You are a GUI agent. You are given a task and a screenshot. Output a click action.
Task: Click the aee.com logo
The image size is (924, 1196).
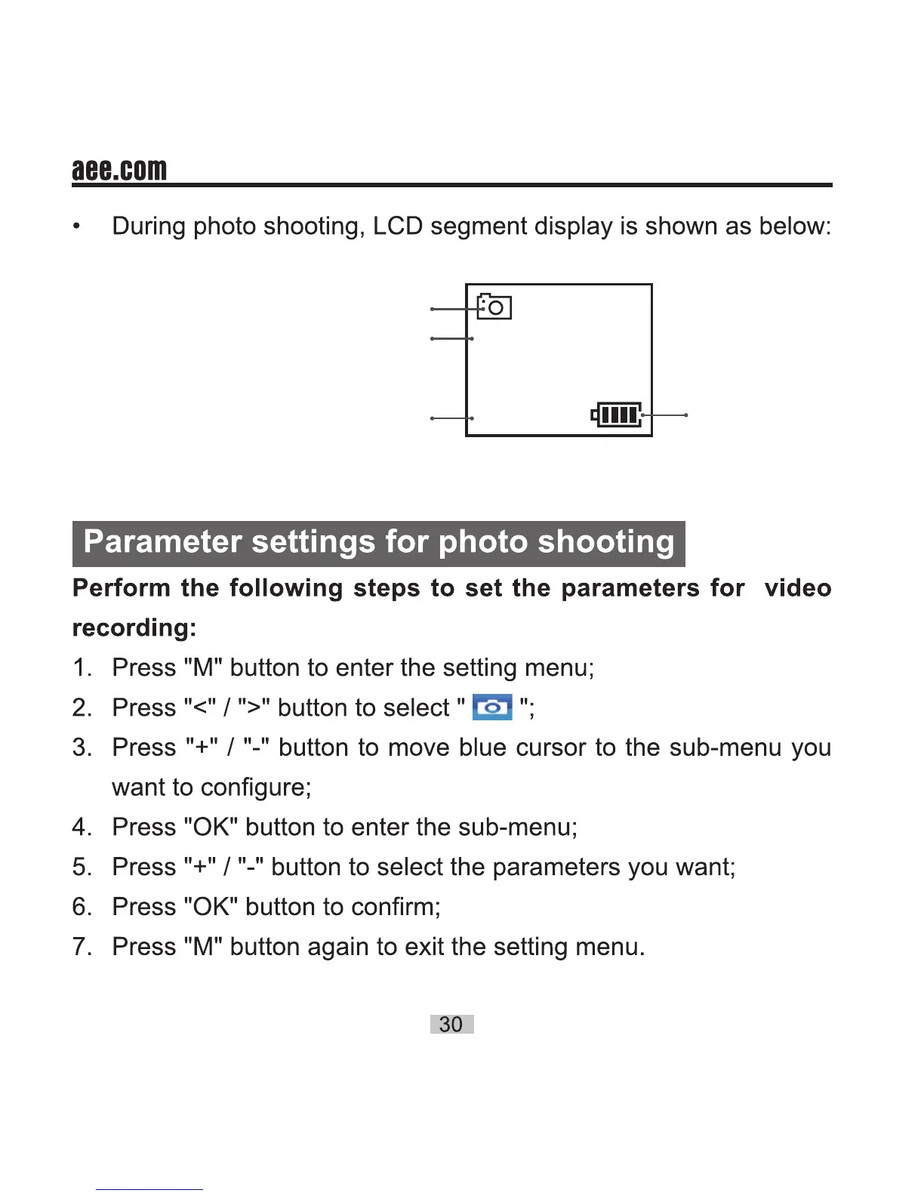119,169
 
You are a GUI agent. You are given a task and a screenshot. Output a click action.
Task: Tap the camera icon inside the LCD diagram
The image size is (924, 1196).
495,307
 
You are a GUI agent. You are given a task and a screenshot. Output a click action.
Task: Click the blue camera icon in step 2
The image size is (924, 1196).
492,707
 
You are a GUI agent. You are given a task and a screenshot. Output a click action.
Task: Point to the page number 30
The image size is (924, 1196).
451,1024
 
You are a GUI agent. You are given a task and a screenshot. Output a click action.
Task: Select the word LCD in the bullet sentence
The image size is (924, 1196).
397,226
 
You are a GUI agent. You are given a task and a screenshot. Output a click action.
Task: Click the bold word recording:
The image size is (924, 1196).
134,627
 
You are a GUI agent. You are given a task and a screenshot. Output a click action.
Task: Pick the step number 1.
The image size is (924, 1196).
82,667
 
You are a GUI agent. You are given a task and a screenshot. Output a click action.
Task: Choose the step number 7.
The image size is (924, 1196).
82,946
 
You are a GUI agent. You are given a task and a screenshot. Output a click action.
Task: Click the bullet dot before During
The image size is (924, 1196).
76,227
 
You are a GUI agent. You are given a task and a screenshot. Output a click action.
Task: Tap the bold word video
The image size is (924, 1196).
797,587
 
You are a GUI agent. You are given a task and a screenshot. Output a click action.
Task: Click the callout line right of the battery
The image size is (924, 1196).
664,415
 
